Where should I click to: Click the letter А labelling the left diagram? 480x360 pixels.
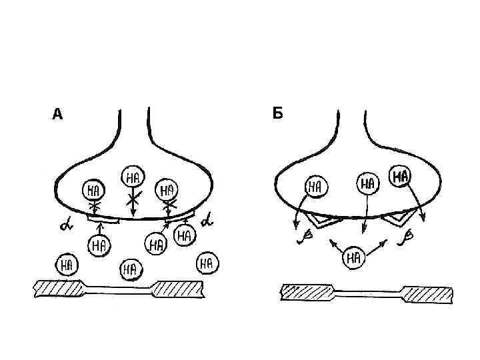[x=57, y=115]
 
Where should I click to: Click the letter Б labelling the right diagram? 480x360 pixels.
[x=277, y=113]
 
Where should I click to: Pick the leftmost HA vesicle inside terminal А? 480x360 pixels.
[x=93, y=190]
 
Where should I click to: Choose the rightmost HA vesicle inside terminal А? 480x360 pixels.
[x=167, y=190]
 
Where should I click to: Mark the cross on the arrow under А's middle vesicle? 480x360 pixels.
[x=133, y=199]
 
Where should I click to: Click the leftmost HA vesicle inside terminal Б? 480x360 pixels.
[x=315, y=186]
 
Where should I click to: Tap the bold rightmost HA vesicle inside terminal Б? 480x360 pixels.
[x=401, y=176]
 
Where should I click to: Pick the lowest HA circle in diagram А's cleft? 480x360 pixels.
[x=129, y=270]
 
